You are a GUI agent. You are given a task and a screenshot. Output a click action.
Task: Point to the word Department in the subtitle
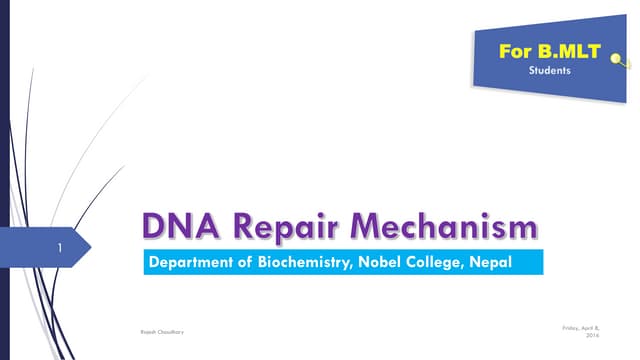(191, 263)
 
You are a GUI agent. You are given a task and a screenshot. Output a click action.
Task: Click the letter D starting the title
(154, 227)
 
